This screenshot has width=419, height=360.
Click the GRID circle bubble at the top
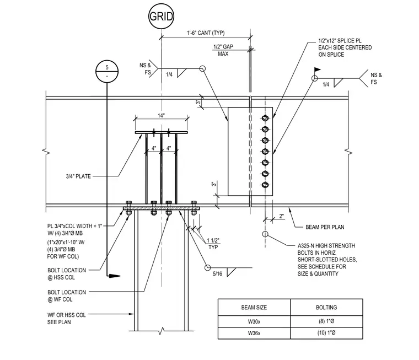(161, 17)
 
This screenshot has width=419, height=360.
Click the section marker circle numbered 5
(107, 72)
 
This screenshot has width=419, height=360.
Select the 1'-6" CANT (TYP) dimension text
(206, 33)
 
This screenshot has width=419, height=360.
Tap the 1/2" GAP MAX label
(223, 50)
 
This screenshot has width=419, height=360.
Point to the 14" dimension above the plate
(161, 115)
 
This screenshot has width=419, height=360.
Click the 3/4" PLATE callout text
(78, 176)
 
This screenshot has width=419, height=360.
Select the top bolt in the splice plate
(265, 118)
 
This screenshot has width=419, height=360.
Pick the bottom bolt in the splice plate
(265, 185)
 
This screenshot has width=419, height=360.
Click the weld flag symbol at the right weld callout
(317, 70)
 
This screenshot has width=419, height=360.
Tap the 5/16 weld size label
(218, 274)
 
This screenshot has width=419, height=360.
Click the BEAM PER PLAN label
(325, 227)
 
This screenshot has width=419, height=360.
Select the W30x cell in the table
(254, 321)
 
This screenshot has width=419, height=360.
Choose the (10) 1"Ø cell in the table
(326, 333)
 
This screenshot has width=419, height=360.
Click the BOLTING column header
(326, 307)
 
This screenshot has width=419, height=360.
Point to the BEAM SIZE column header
(254, 307)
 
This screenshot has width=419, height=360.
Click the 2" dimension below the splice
(281, 216)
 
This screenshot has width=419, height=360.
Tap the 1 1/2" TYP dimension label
(213, 244)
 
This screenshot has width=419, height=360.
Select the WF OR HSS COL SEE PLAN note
(67, 319)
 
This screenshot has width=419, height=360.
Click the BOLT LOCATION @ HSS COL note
(67, 274)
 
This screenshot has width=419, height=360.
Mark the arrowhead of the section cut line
(115, 276)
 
